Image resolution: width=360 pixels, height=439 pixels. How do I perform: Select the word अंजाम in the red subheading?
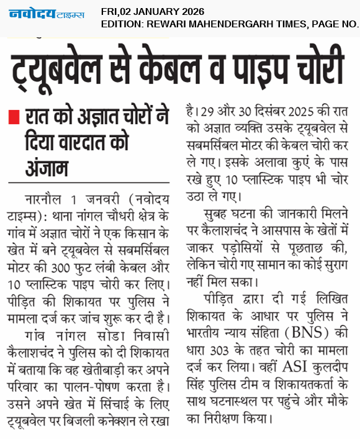coord(47,169)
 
